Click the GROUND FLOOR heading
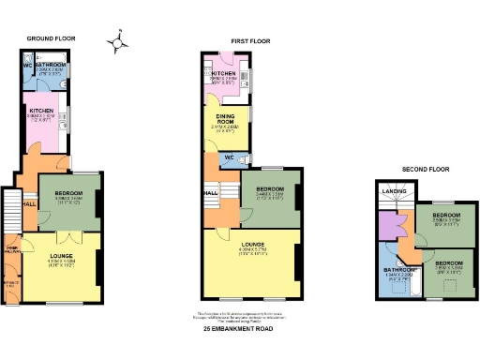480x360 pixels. pos(52,38)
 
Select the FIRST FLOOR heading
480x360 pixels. pos(250,40)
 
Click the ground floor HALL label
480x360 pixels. pos(28,203)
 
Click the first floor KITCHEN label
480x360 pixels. pos(223,73)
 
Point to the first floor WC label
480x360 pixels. pos(228,157)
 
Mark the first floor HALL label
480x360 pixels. pos(211,193)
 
